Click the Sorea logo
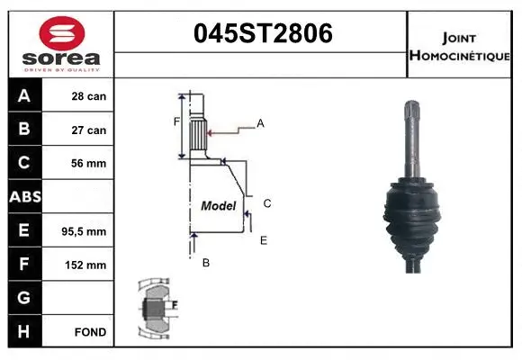[61, 44]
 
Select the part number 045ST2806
[263, 34]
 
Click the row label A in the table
[24, 96]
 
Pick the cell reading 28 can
[89, 96]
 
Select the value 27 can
[89, 130]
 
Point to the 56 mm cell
[89, 164]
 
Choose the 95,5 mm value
[87, 231]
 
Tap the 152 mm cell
[89, 265]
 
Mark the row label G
[24, 298]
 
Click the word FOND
[91, 332]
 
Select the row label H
[24, 332]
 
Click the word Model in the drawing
[218, 206]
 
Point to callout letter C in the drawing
[267, 203]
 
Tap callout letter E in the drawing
[263, 240]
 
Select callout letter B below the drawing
[206, 263]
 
